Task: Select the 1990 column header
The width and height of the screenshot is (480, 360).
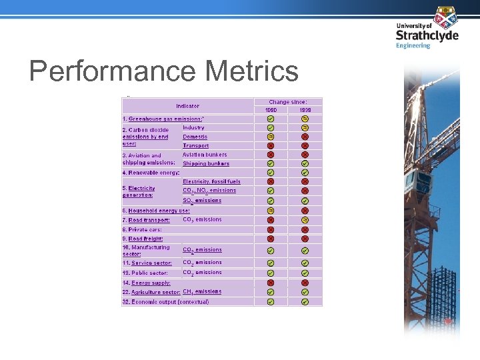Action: pyautogui.click(x=271, y=109)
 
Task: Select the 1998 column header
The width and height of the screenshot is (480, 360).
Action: pyautogui.click(x=305, y=109)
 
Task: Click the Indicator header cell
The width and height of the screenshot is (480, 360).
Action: pyautogui.click(x=187, y=105)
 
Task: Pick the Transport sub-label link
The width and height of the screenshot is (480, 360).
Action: pyautogui.click(x=195, y=145)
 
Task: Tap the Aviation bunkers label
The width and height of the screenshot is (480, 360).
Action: pyautogui.click(x=205, y=155)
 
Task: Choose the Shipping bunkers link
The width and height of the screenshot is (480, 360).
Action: pyautogui.click(x=205, y=163)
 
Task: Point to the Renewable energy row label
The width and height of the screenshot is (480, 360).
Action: pyautogui.click(x=153, y=173)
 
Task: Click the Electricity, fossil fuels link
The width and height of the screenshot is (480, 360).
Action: pyautogui.click(x=211, y=181)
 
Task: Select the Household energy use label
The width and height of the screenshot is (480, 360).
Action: pyautogui.click(x=159, y=211)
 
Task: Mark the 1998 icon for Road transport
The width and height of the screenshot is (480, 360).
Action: pyautogui.click(x=305, y=220)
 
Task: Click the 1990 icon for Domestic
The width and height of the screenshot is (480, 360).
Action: pyautogui.click(x=271, y=137)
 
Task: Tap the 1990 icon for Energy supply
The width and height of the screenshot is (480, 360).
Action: pyautogui.click(x=271, y=283)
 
